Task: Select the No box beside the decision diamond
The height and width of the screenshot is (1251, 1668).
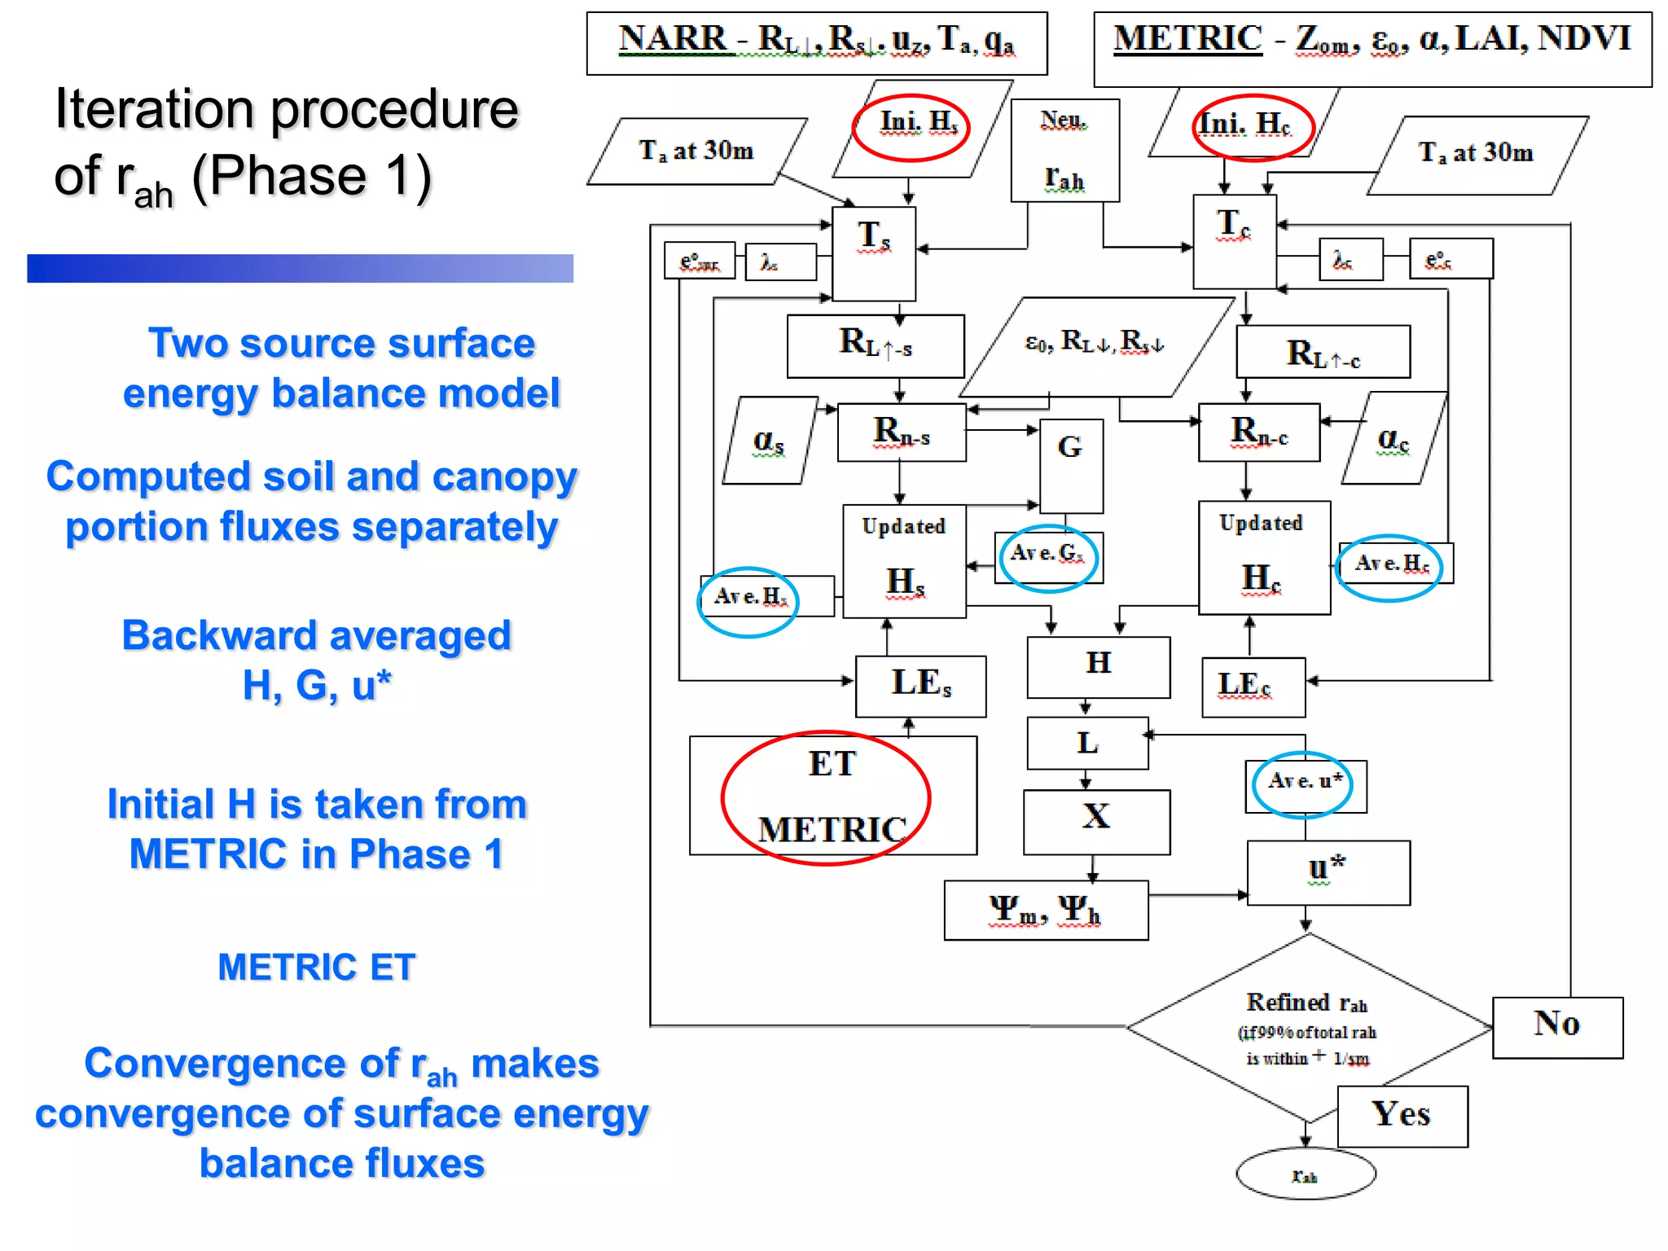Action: [x=1556, y=1027]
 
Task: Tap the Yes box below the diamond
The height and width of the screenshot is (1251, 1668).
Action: [x=1402, y=1116]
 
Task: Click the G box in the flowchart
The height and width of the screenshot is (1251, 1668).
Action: [x=1071, y=464]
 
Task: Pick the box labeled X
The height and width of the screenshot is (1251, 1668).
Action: [x=1096, y=821]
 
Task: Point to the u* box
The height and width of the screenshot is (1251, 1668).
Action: [x=1328, y=872]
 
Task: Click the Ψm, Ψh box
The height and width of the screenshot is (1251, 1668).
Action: [x=1046, y=910]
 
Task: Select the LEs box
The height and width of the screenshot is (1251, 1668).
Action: [x=920, y=686]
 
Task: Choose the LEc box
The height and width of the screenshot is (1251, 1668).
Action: [x=1253, y=687]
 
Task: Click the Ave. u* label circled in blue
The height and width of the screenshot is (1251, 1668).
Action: [x=1304, y=784]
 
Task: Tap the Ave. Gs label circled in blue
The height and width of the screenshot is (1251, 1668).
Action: [x=1047, y=556]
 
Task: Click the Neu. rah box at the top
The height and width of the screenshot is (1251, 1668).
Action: [x=1064, y=150]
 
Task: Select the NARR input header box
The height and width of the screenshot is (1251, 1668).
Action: [x=816, y=42]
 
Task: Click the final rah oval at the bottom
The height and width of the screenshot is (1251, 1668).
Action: [x=1305, y=1174]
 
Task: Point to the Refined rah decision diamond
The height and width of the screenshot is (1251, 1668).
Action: [x=1308, y=1028]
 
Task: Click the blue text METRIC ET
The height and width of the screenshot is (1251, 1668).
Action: [x=316, y=968]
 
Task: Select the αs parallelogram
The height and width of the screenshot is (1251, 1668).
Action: [x=769, y=441]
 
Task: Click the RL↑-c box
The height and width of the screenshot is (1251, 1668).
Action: [x=1322, y=353]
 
